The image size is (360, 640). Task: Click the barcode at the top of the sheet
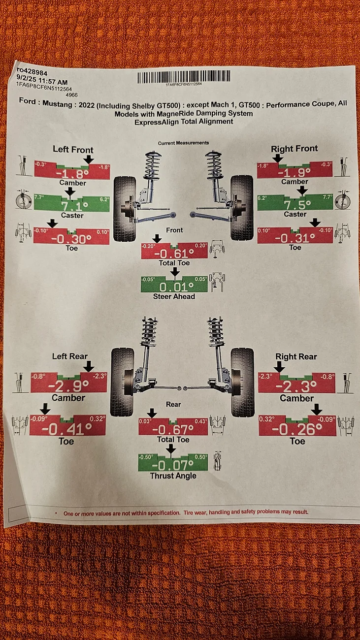click(184, 77)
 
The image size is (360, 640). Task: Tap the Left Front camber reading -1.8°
click(72, 174)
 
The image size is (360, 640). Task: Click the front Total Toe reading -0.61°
click(174, 254)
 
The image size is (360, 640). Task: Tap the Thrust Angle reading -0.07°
click(172, 465)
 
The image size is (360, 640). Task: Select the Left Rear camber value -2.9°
click(68, 386)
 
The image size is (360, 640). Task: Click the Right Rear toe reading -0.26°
click(296, 429)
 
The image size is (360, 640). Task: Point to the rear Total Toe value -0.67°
click(173, 429)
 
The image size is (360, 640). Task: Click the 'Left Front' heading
click(73, 150)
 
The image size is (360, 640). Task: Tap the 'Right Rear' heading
click(296, 356)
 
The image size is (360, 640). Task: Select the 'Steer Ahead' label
click(174, 296)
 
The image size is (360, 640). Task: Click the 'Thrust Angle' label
click(173, 476)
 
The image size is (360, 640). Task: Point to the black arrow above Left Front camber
click(89, 160)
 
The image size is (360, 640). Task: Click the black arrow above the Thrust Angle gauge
click(171, 449)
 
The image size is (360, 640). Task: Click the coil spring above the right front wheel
click(213, 165)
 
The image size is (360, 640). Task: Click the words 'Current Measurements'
click(183, 143)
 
